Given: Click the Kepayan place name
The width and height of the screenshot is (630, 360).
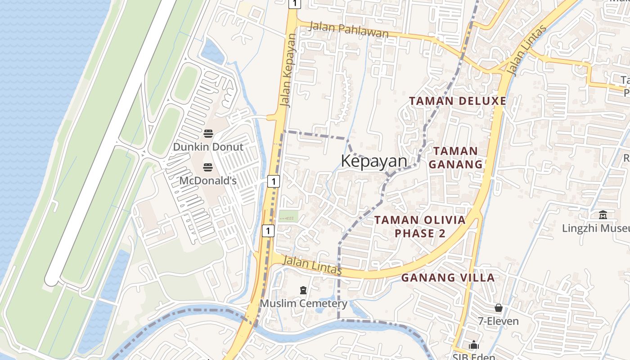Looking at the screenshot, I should click(374, 161).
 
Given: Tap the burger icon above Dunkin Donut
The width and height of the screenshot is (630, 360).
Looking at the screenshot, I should click(208, 133).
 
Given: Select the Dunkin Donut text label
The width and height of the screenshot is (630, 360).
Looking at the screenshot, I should click(208, 147).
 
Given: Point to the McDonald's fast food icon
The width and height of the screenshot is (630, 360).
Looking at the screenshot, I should click(208, 167).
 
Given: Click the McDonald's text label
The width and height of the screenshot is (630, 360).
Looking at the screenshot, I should click(208, 180).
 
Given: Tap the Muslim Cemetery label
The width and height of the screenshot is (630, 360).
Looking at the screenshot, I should click(303, 303).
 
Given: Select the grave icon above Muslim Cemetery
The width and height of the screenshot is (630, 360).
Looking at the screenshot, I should click(303, 290).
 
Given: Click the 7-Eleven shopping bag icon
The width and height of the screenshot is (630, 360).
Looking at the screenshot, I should click(498, 308).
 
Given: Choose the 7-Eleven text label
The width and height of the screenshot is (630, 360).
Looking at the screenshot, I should click(498, 321).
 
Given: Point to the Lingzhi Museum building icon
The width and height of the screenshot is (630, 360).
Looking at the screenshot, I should click(603, 215).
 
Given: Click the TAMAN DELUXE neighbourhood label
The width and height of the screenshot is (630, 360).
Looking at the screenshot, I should click(458, 101).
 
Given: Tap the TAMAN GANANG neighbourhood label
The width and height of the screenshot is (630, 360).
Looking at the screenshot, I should click(455, 157).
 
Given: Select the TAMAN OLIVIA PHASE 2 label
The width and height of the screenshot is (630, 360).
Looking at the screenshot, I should click(420, 226).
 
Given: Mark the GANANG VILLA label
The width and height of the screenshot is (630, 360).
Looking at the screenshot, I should click(448, 278).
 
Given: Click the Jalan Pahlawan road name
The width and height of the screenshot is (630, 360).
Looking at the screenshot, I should click(349, 31).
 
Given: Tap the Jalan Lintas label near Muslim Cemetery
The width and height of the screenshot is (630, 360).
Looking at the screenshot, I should click(313, 265).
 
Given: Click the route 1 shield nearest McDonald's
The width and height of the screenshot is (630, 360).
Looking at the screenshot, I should click(273, 181).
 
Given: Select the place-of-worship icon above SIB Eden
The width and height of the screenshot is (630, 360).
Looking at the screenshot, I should click(474, 345).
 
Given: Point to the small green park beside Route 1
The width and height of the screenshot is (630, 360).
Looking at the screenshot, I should click(288, 216).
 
